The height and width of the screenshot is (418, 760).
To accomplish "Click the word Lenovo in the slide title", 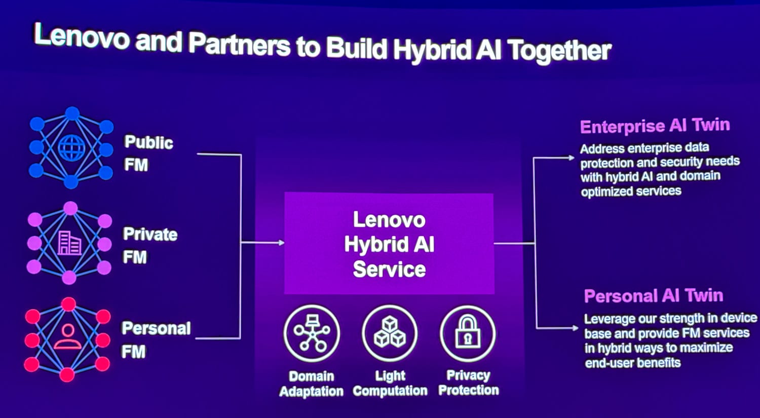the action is tap(82, 36).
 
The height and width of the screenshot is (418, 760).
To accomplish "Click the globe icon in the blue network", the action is tap(71, 147).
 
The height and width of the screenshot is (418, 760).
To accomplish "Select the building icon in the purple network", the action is tap(69, 243).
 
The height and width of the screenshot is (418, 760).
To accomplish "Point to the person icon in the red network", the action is tap(68, 336).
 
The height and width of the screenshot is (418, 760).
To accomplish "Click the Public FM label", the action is tap(148, 154).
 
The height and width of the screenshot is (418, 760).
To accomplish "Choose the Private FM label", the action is tap(149, 245).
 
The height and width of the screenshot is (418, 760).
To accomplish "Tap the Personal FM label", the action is tap(156, 339).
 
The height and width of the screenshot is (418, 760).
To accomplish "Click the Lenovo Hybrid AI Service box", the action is tap(389, 243).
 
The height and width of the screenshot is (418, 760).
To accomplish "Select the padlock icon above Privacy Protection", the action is tap(468, 332).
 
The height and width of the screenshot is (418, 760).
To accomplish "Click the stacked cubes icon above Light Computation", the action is tap(390, 332).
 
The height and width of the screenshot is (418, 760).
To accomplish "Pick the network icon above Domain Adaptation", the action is tap(312, 332).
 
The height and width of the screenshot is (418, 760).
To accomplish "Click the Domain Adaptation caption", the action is tap(312, 384).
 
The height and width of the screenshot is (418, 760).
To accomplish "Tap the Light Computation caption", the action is tap(390, 384).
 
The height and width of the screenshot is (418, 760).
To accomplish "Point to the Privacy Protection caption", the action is tap(468, 383).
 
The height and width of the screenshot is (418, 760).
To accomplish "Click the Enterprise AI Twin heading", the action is tap(655, 126).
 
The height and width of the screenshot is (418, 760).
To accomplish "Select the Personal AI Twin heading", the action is tap(654, 295).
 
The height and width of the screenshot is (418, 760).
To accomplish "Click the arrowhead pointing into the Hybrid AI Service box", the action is tap(281, 243).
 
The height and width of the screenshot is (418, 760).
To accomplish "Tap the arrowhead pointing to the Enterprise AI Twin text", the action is tap(571, 158).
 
